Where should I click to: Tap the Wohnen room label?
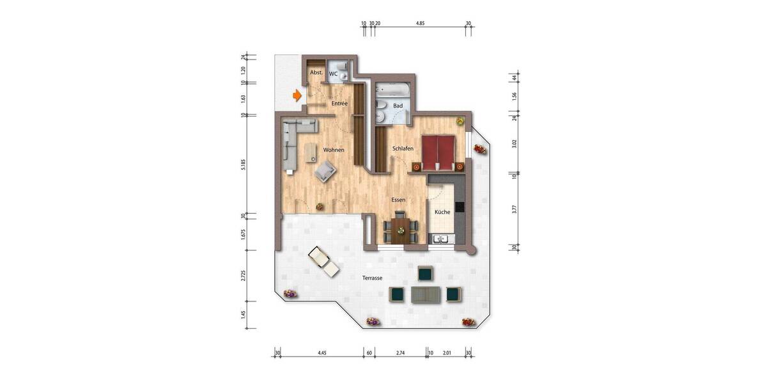[334, 150]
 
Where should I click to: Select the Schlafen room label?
[403, 148]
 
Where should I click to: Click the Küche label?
[442, 212]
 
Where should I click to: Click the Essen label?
[399, 200]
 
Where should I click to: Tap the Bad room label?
[398, 106]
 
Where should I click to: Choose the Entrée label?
[339, 104]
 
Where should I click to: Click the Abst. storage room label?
[316, 74]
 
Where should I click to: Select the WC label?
[333, 74]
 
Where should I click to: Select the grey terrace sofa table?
[425, 294]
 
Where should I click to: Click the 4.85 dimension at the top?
[420, 23]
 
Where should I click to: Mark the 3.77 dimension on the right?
[514, 209]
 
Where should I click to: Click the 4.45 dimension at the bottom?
[322, 353]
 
